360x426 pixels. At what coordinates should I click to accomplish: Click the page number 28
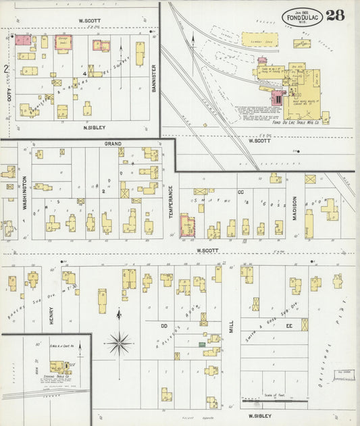pos(336,16)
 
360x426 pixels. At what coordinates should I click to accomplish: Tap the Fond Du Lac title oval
pos(302,17)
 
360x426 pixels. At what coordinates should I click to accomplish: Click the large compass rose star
pos(120,343)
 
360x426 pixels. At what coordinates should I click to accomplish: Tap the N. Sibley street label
pos(87,127)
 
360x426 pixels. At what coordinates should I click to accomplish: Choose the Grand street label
pos(112,144)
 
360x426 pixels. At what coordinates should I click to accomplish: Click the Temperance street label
pos(170,200)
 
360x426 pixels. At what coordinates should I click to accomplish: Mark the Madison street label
pos(294,208)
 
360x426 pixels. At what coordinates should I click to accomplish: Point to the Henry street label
pos(51,315)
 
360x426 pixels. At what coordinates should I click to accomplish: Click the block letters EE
pos(290,325)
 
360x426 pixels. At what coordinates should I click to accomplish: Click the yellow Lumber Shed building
pos(262,41)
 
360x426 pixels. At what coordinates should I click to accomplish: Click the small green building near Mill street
pos(201,344)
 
